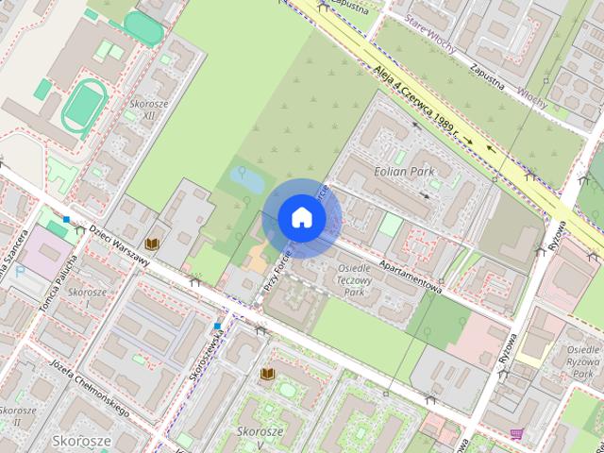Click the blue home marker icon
[x=301, y=217]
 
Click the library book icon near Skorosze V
[x=267, y=375]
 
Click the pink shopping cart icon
[x=517, y=434]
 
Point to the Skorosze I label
[x=87, y=298]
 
